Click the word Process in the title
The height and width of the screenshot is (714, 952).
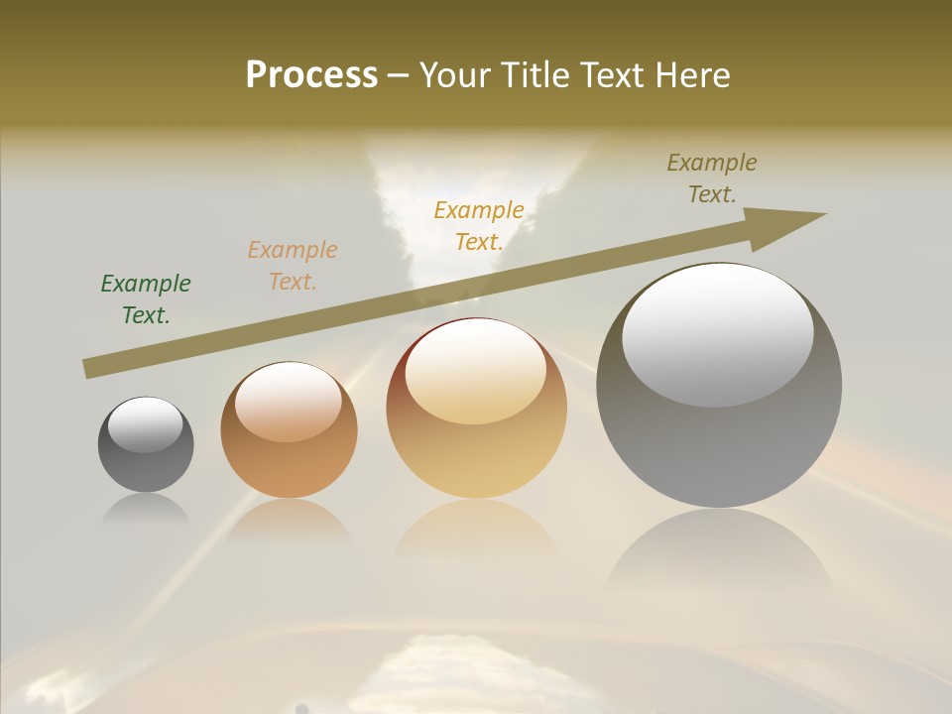(x=311, y=74)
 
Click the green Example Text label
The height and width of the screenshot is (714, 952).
(x=146, y=299)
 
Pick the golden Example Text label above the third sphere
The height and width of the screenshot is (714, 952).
(x=479, y=225)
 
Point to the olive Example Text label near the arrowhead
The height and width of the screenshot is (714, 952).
(x=712, y=178)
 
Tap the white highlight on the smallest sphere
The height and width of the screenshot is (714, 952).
(x=146, y=424)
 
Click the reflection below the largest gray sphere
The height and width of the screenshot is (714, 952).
(x=719, y=555)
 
